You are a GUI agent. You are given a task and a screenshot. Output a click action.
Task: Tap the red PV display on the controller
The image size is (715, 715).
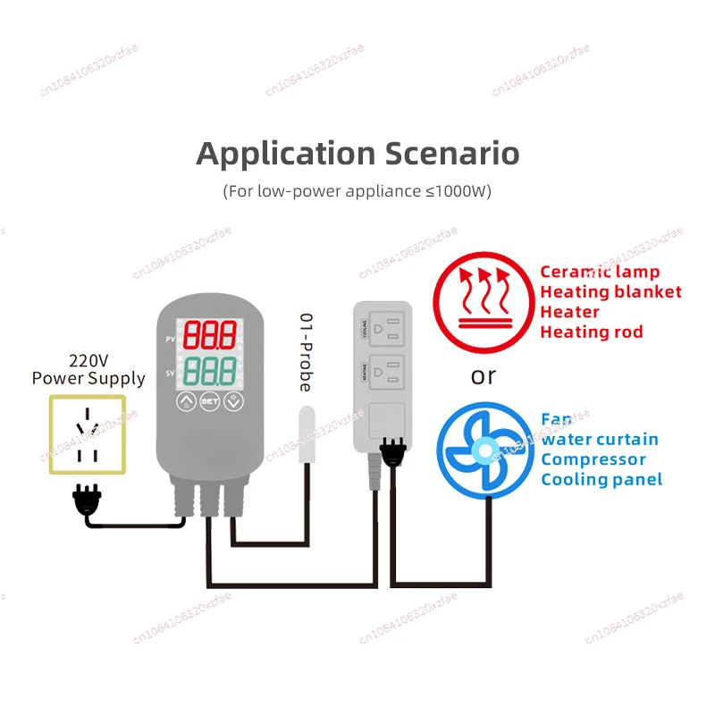pyautogui.click(x=210, y=337)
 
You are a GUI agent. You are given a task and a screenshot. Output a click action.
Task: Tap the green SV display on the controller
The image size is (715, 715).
pyautogui.click(x=210, y=370)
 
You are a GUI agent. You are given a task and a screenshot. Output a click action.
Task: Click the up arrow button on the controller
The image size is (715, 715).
pyautogui.click(x=186, y=402)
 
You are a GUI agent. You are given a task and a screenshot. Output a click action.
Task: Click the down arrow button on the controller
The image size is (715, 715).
pyautogui.click(x=234, y=402)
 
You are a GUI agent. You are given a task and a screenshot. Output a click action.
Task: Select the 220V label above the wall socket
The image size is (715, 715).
pyautogui.click(x=88, y=361)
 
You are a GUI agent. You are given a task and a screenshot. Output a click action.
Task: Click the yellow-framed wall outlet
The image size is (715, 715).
pyautogui.click(x=88, y=434)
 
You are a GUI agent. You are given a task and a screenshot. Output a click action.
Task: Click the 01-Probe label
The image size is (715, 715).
pyautogui.click(x=305, y=353)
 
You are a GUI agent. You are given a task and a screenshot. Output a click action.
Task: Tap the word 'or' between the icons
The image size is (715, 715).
pyautogui.click(x=483, y=376)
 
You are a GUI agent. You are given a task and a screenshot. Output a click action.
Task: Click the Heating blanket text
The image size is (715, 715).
pyautogui.click(x=610, y=291)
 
